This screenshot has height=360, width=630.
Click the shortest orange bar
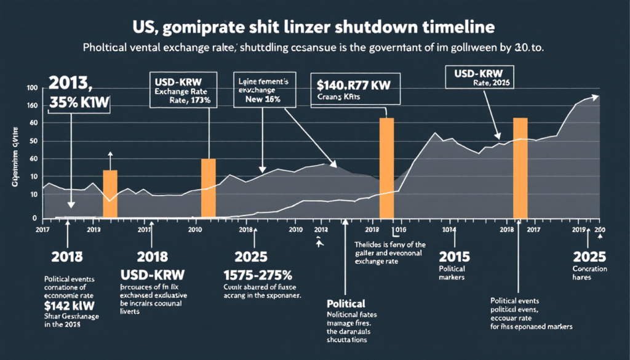(110, 193)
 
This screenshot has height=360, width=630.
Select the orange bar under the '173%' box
(209, 188)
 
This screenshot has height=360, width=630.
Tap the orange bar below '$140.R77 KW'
(386, 168)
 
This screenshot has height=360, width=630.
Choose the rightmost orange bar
(520, 168)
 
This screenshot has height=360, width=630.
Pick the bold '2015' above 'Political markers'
(453, 255)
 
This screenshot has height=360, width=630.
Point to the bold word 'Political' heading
(346, 303)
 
